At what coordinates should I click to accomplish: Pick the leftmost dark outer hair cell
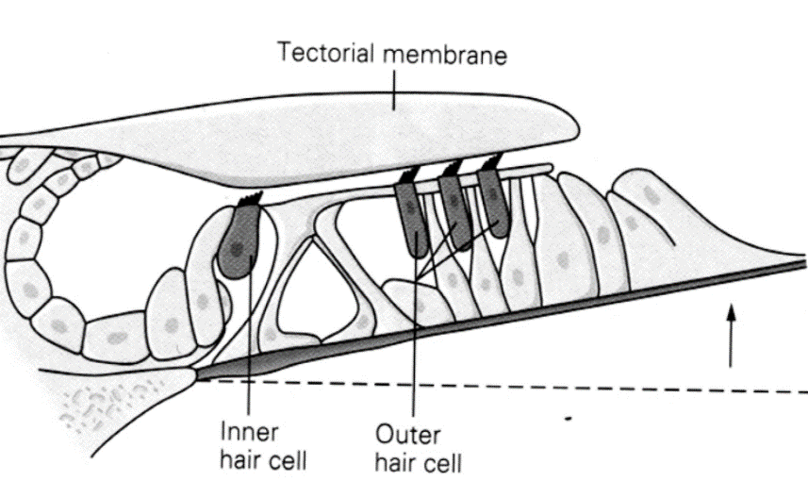412,219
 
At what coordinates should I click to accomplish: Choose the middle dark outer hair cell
454,213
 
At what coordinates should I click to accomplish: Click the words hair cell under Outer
419,463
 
